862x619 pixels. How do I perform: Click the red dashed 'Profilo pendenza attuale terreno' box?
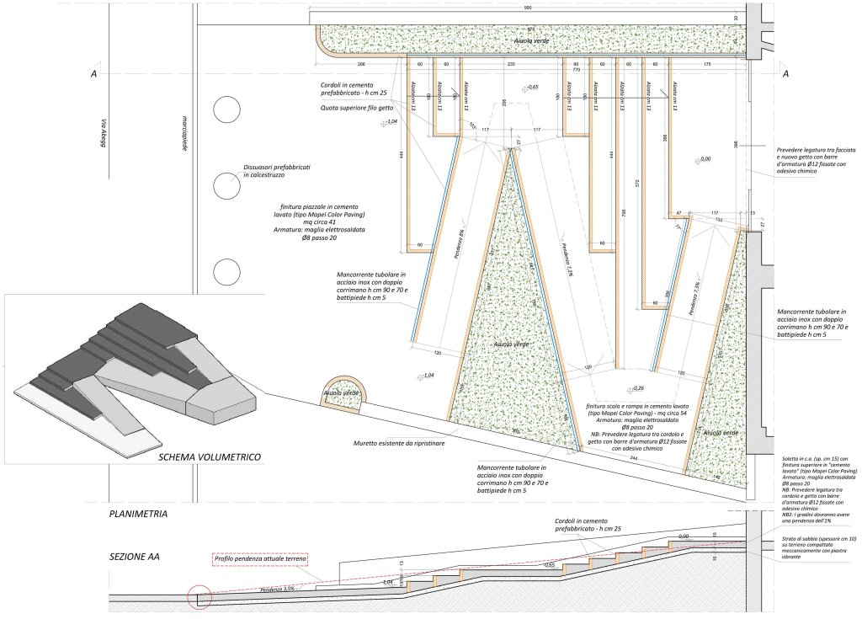click(x=260, y=558)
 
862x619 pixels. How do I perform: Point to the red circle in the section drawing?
click(x=200, y=597)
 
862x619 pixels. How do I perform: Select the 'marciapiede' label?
click(x=184, y=134)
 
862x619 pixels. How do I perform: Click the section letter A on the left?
click(x=94, y=74)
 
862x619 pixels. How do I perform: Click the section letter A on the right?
click(x=785, y=74)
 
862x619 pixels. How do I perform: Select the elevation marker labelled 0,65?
click(x=529, y=88)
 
